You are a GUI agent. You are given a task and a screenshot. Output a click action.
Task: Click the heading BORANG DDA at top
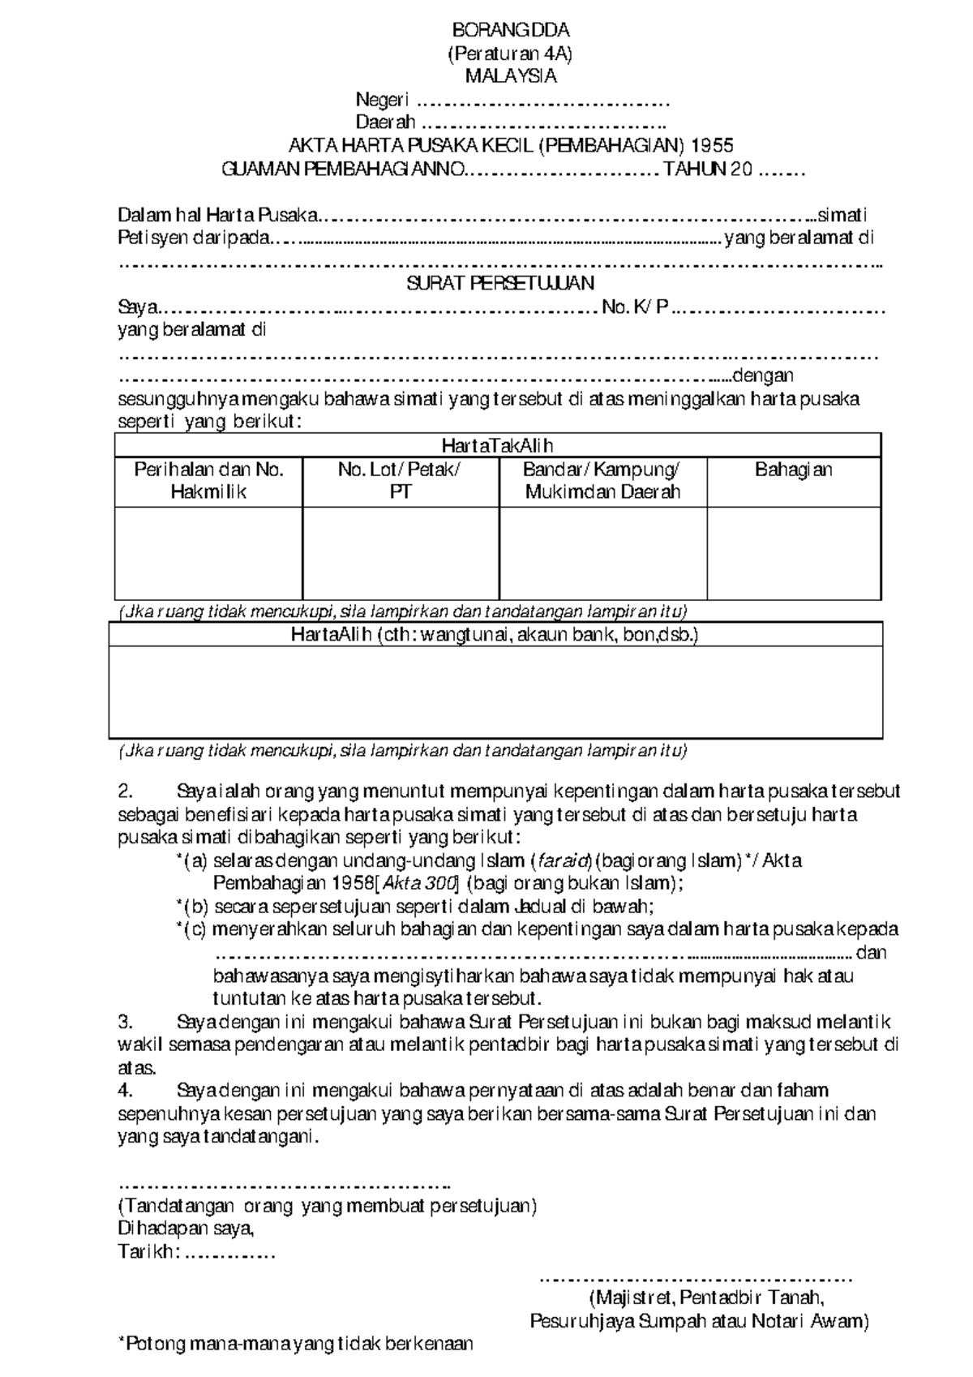pyautogui.click(x=510, y=31)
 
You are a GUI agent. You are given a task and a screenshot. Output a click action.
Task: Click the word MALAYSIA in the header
pyautogui.click(x=510, y=77)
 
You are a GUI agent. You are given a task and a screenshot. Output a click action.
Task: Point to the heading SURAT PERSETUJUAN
pyautogui.click(x=500, y=283)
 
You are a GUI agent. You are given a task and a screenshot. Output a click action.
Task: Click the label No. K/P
pyautogui.click(x=635, y=307)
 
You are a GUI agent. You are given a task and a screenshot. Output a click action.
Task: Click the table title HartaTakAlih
pyautogui.click(x=497, y=445)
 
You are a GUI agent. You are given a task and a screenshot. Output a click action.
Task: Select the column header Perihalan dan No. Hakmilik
pyautogui.click(x=208, y=481)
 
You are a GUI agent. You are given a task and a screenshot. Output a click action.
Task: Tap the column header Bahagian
pyautogui.click(x=793, y=470)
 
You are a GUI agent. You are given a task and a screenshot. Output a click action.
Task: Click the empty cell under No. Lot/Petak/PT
pyautogui.click(x=401, y=554)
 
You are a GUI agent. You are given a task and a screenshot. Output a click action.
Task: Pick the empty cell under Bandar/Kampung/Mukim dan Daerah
pyautogui.click(x=602, y=554)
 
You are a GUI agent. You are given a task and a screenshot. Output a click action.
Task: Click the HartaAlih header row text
pyautogui.click(x=495, y=635)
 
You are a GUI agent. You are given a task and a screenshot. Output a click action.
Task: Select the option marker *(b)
pyautogui.click(x=191, y=907)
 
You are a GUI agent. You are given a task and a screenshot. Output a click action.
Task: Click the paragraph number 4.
pyautogui.click(x=124, y=1091)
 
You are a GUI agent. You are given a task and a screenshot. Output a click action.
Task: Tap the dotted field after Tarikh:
pyautogui.click(x=231, y=1254)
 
